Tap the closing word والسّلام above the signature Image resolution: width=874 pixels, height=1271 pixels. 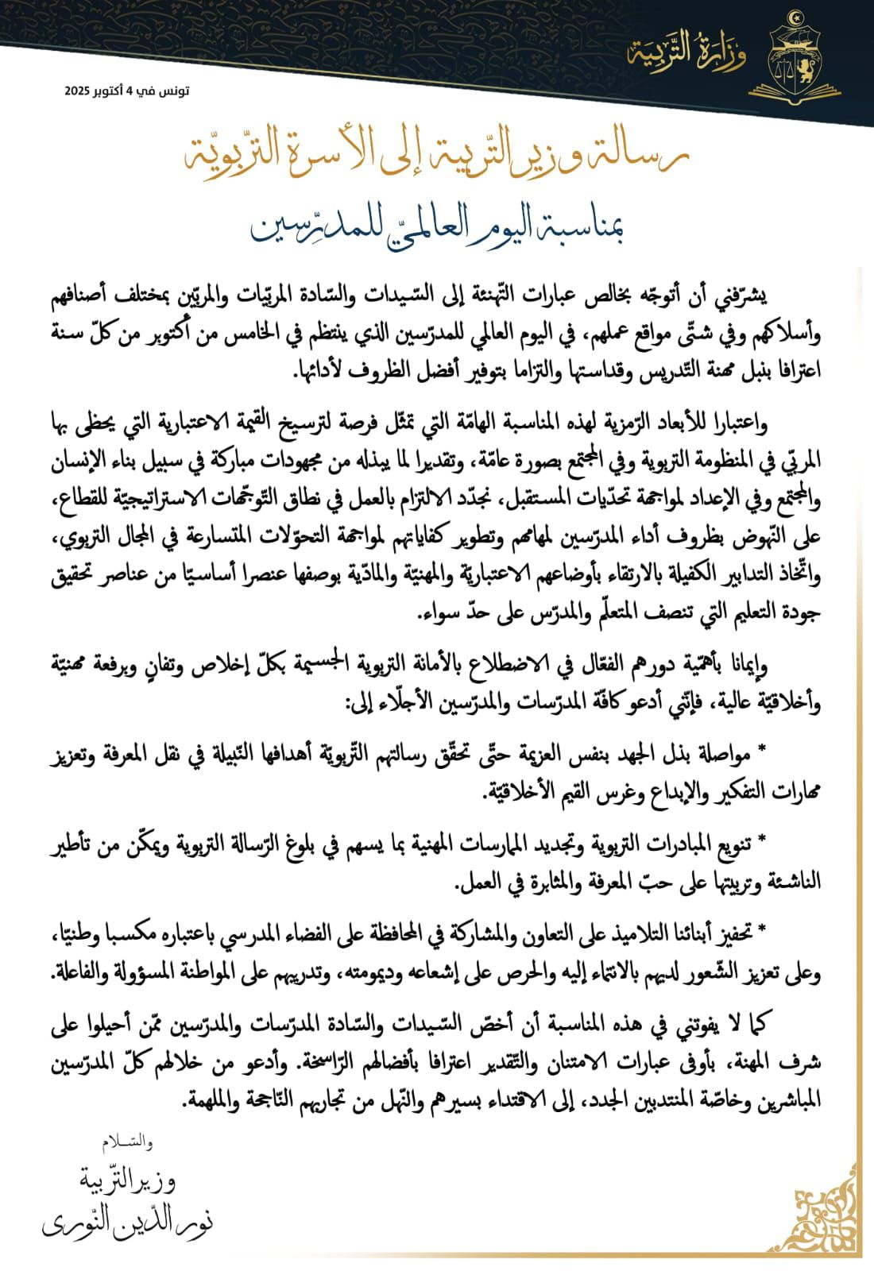(x=127, y=1143)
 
